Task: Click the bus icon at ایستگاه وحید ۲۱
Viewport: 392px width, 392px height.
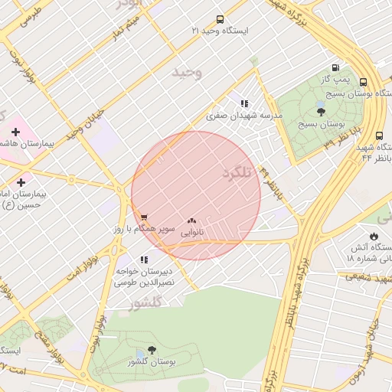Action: pos(220,19)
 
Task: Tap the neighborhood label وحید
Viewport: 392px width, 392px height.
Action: pos(186,73)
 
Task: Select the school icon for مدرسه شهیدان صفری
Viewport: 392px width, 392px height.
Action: pos(244,103)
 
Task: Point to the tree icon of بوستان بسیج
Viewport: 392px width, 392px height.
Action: pos(320,111)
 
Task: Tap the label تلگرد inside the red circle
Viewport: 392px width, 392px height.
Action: pos(237,173)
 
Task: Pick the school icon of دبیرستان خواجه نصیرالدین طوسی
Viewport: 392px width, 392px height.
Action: pos(144,259)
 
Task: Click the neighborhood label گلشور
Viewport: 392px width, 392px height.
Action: pos(147,302)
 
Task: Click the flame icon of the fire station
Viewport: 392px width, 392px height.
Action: pos(374,236)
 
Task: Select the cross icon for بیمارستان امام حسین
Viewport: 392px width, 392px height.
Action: pos(21,183)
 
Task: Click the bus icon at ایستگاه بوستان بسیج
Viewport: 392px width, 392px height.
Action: pos(362,83)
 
